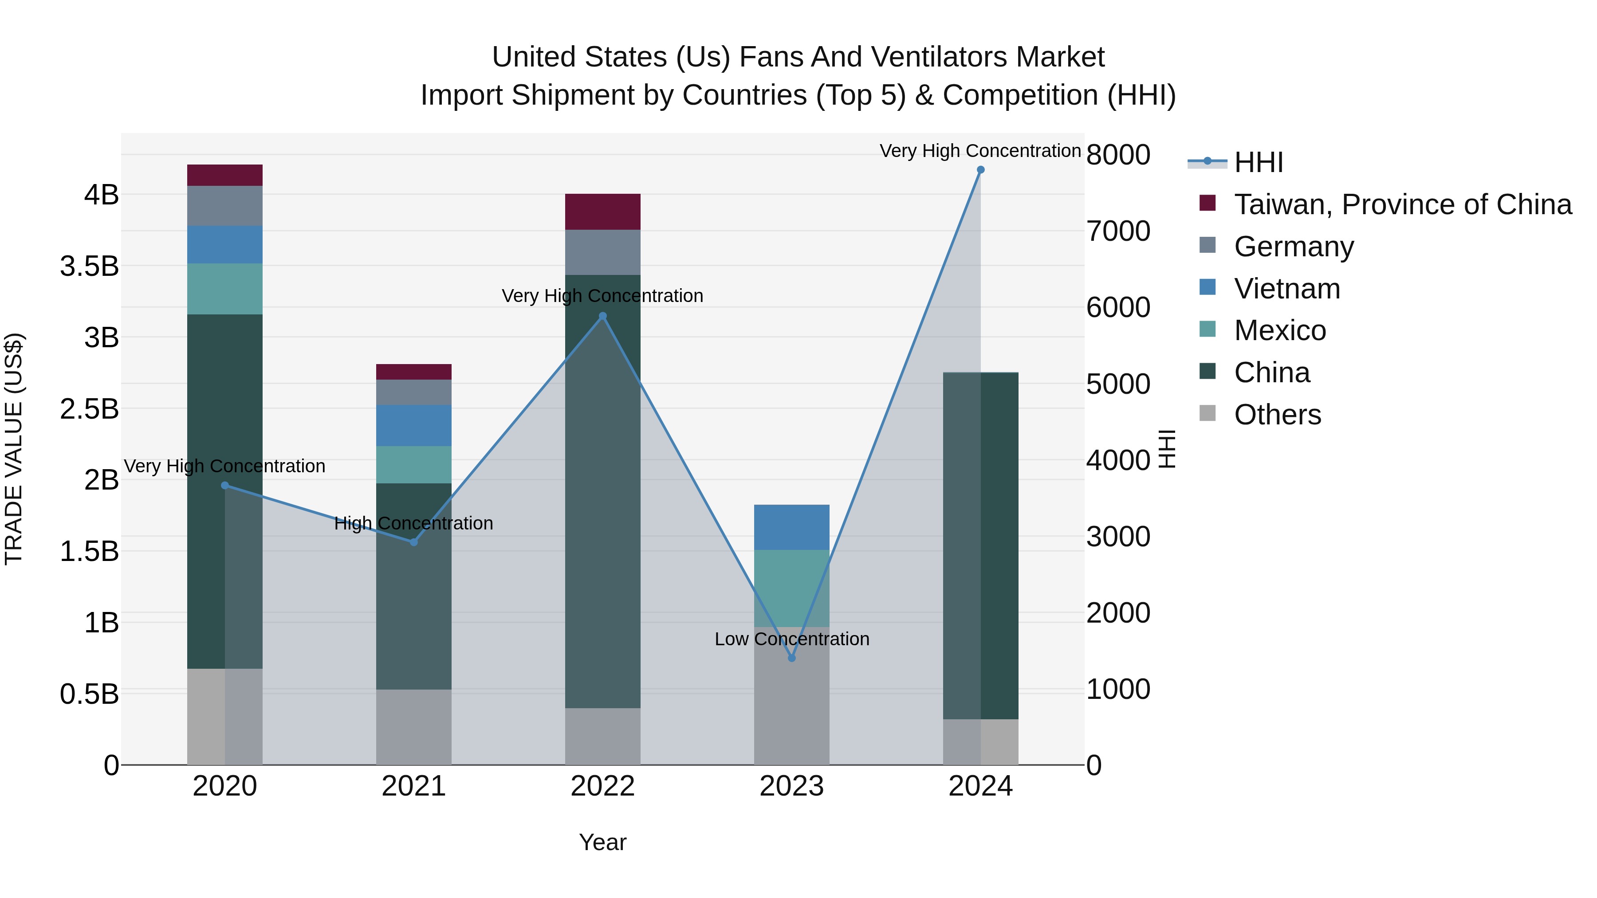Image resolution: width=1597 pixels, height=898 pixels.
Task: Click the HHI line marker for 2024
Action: coord(980,170)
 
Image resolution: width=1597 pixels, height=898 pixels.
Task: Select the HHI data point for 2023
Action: coord(792,658)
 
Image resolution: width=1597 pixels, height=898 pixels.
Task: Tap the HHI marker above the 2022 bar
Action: coord(602,316)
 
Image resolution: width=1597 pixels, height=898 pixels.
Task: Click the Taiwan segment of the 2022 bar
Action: coord(602,212)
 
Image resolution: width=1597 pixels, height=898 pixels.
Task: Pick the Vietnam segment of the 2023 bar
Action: coord(792,527)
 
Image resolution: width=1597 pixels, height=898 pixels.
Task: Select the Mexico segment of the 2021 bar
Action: coord(413,464)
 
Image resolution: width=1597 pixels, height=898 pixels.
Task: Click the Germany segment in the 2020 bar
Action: coord(225,206)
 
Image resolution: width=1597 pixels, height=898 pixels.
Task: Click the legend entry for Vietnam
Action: coord(1287,289)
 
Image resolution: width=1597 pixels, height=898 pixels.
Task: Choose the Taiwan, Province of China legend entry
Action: coord(1402,204)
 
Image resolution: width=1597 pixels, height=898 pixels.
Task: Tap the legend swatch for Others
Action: coord(1208,413)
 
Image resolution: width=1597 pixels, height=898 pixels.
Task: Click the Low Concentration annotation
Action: coord(792,639)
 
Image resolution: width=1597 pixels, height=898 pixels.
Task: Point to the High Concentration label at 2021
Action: coord(413,523)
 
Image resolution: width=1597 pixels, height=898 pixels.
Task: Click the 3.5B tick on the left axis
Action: coord(89,267)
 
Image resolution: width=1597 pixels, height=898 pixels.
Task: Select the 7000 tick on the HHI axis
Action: coord(1118,231)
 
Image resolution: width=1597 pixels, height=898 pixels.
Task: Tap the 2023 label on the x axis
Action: coord(792,786)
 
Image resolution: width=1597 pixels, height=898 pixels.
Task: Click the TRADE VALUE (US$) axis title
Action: coord(14,449)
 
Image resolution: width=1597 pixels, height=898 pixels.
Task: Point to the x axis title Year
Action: coord(602,842)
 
